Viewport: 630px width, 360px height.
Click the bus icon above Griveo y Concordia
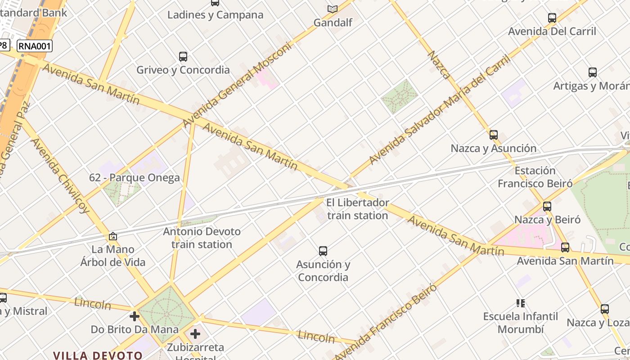[183, 57]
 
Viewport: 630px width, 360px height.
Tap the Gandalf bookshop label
[333, 22]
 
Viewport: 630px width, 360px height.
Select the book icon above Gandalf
[333, 9]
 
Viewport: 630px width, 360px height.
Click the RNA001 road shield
[35, 46]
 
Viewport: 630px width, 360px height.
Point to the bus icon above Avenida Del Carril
[552, 18]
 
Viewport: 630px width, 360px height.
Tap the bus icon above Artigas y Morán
[593, 72]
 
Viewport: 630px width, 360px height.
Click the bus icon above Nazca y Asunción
[494, 135]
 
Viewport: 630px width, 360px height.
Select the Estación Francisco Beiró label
[535, 177]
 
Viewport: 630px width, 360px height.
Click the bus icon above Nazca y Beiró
[547, 207]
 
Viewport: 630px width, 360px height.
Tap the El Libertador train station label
[357, 209]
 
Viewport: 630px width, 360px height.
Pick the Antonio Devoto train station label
[202, 238]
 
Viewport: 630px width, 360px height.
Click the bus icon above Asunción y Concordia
[323, 251]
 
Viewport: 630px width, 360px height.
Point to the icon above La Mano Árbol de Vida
[113, 236]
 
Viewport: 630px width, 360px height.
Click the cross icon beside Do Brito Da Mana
[134, 316]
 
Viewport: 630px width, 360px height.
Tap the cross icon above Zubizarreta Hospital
[195, 334]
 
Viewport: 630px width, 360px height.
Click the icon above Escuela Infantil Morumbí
[521, 303]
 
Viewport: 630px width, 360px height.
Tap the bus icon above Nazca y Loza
[605, 309]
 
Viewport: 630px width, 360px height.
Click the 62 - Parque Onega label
[134, 178]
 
